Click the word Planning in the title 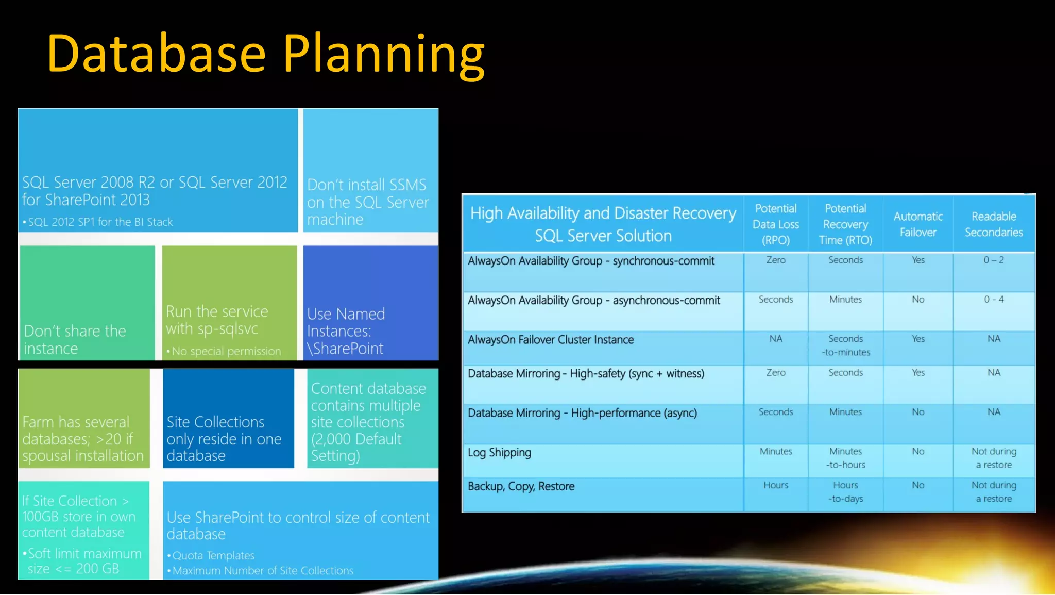[384, 54]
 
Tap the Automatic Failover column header [918, 224]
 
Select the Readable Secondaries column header [994, 224]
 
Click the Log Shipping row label [499, 453]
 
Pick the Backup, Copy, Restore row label [521, 486]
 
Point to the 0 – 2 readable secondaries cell [993, 260]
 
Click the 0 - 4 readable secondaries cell [993, 300]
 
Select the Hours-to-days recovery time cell [845, 492]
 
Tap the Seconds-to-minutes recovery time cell [845, 345]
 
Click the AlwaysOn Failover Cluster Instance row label [551, 340]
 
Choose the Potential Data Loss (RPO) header [776, 224]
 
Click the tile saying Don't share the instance [75, 339]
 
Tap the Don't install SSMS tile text [367, 202]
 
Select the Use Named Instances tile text [346, 331]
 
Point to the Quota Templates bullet [213, 556]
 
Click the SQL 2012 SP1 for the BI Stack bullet [100, 222]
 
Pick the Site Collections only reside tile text [223, 439]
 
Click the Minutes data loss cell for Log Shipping [776, 452]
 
